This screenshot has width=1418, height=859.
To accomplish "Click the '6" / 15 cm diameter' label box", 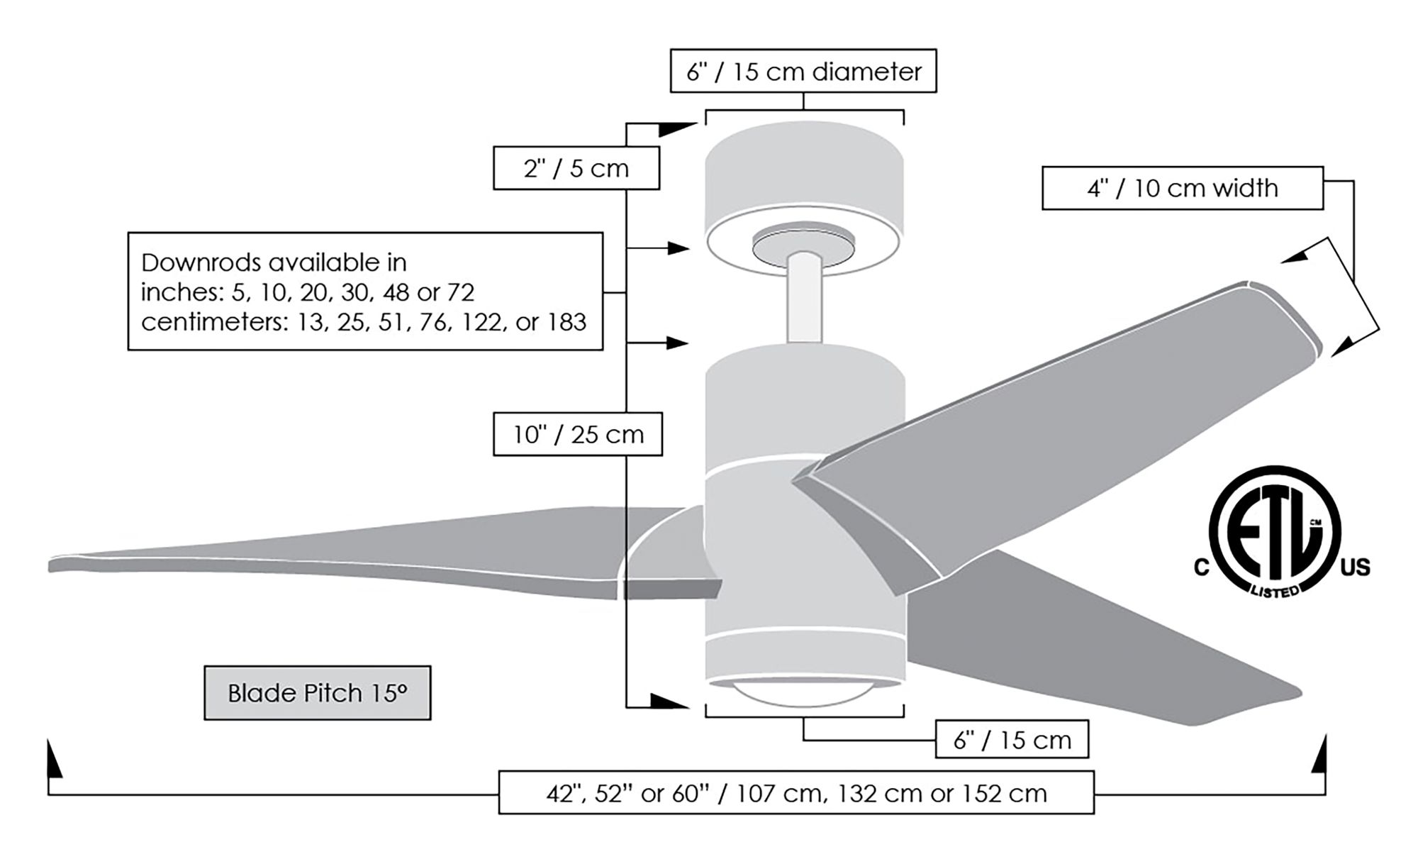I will point(803,71).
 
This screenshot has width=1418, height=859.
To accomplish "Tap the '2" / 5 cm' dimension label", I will point(576,168).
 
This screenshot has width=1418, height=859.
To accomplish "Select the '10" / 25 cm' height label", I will point(578,434).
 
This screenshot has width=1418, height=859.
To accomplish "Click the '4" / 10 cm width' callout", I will point(1182,188).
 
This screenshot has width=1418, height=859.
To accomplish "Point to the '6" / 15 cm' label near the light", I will point(1012,740).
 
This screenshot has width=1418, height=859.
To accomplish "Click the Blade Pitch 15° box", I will point(317,692).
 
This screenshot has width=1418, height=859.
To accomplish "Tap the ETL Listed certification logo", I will point(1274,532).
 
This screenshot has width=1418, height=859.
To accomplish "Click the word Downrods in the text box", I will point(191,263).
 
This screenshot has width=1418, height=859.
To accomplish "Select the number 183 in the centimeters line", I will point(567,322).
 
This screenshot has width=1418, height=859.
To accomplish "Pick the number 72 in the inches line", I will point(460,292).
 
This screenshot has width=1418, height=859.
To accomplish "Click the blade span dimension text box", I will point(795,792).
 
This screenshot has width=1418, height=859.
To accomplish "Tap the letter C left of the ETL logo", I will point(1201,567).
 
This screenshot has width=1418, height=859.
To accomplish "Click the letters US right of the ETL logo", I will point(1355,567).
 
